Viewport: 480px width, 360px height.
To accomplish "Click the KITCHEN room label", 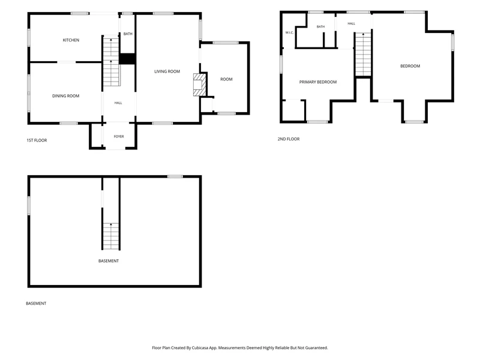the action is point(71,40).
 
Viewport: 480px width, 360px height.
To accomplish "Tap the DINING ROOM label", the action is point(66,96).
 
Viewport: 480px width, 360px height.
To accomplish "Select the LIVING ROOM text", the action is point(167,71).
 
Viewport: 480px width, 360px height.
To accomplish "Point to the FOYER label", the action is point(119,137).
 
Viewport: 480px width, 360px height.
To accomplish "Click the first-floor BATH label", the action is point(128,34).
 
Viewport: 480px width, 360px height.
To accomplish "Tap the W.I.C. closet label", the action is point(289,32).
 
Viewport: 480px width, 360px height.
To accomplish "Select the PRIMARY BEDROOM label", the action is point(318,82).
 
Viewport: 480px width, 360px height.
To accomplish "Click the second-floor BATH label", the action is point(320,26).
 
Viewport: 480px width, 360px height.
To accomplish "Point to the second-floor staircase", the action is point(364,54).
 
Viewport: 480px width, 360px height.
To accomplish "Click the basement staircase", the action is point(111,236).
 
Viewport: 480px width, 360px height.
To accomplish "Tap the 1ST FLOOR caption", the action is point(37,140).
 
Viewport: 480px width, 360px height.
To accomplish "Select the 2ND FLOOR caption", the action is point(289,139).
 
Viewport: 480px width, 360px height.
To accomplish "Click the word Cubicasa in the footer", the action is point(200,348).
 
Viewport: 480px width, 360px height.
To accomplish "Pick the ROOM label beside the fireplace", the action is point(227,79).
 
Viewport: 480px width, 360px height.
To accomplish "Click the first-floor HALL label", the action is point(118,103).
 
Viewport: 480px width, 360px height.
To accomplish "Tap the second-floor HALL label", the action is point(352,23).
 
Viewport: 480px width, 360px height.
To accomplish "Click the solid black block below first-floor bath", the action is point(127,59).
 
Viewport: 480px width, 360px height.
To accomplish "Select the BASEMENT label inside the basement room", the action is point(109,261).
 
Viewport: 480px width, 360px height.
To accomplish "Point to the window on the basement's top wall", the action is point(175,176).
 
